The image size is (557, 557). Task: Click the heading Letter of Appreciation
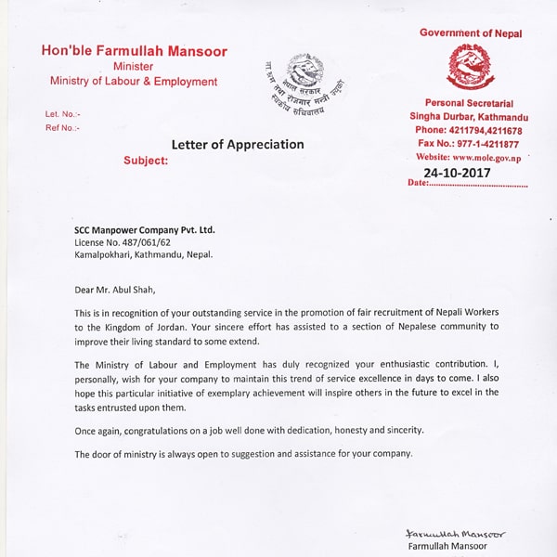pyautogui.click(x=238, y=144)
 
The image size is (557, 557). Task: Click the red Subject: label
pyautogui.click(x=146, y=161)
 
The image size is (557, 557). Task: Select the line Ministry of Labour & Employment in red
pyautogui.click(x=134, y=82)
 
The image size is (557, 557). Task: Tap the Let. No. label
pyautogui.click(x=62, y=114)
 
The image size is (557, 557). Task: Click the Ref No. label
pyautogui.click(x=62, y=127)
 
